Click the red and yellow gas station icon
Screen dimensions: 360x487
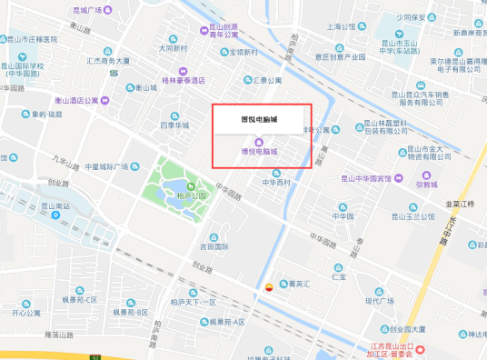[x=267, y=285]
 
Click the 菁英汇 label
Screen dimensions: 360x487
[x=296, y=283]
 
